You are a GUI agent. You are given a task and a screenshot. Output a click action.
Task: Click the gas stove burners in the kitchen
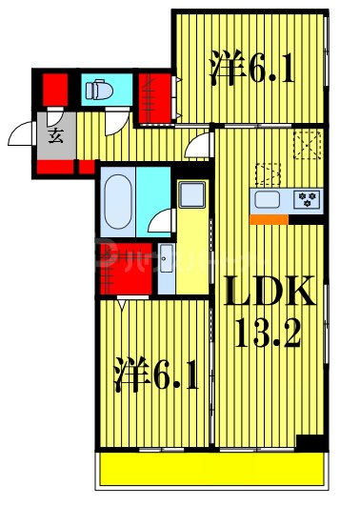click(308, 200)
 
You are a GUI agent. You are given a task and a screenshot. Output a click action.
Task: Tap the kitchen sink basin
click(268, 200)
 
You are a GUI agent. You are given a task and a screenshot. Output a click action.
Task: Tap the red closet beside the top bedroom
click(155, 94)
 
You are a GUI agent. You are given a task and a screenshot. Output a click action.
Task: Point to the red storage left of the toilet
click(53, 91)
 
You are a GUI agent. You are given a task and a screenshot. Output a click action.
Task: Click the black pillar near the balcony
click(309, 445)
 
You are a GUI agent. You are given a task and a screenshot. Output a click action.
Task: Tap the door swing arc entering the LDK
click(199, 144)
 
